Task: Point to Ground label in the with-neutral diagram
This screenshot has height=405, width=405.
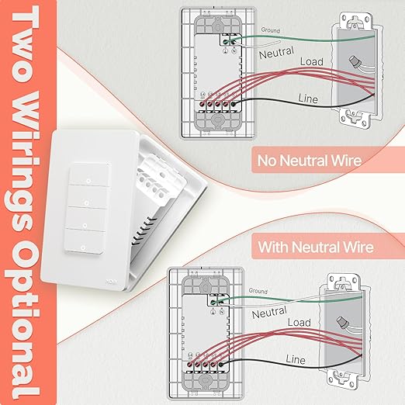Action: (x=258, y=292)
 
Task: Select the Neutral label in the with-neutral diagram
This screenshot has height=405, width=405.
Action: (x=269, y=313)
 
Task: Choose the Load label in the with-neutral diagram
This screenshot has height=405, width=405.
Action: (x=299, y=323)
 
